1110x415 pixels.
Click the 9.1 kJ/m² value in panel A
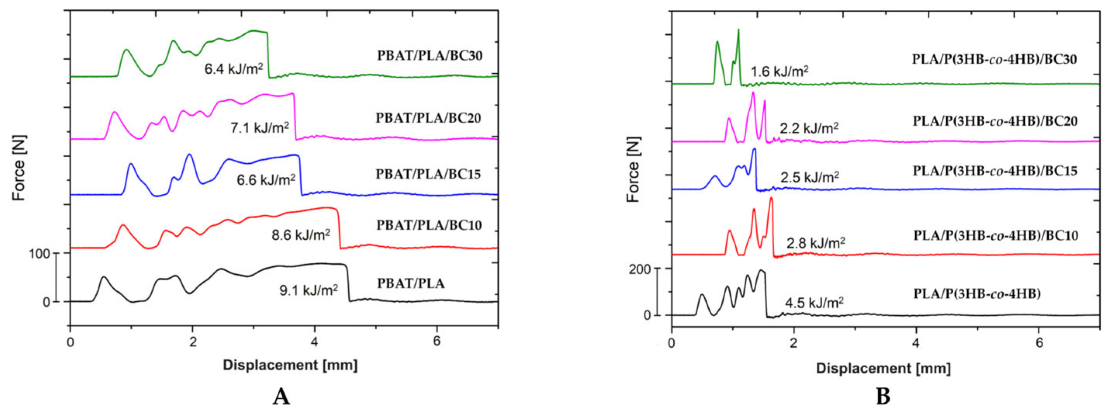tap(308, 290)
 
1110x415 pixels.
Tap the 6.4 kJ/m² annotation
tap(233, 69)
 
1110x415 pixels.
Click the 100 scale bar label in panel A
tap(40, 254)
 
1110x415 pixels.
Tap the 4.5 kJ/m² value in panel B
tap(814, 303)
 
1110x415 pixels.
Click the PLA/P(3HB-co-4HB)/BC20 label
tap(995, 121)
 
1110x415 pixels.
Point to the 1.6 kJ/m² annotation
tap(780, 71)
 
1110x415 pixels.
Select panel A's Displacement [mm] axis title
tap(290, 365)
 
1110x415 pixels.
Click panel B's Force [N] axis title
tap(633, 169)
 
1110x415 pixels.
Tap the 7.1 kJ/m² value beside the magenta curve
tap(259, 128)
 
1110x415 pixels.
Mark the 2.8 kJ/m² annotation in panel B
tap(816, 243)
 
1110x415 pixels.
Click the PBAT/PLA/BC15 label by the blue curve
tap(428, 174)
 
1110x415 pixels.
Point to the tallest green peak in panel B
tap(738, 30)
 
